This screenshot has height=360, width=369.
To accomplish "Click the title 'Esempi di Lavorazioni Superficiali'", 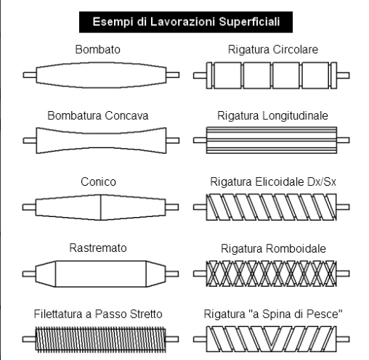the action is coord(186,22).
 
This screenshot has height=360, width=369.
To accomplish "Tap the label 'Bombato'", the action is coord(98,49).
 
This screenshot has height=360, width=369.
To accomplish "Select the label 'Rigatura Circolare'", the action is coord(273,49).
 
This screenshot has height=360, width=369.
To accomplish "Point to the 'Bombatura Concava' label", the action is coord(98,115).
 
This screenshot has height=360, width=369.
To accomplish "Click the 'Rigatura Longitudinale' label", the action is coord(272,115).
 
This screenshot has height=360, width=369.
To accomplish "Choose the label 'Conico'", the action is coord(98,181).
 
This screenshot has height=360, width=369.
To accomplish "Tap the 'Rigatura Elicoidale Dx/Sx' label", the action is coord(273,181).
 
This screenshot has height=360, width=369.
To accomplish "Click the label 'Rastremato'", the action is coord(98,247).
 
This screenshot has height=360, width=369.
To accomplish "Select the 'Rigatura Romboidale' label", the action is coord(273,248).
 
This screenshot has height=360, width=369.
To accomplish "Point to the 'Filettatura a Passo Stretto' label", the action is coord(98,314).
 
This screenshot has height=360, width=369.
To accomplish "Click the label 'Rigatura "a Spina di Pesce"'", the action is coord(273,314).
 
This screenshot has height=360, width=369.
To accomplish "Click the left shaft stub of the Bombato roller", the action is coord(30,75).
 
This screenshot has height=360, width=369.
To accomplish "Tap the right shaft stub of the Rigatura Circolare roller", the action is coord(343,75).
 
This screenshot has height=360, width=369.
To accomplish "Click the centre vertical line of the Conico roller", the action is coord(100,208).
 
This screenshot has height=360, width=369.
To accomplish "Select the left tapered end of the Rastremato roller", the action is coord(46,274).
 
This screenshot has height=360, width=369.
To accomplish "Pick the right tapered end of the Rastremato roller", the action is coord(156,274).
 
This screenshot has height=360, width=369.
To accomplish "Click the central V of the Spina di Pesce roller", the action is coord(272,337).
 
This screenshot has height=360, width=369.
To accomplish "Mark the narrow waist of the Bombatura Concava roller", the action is coord(101,141).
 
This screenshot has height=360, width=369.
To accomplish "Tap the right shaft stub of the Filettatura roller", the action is coord(172,339).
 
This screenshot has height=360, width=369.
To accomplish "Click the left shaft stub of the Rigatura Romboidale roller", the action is coord(200,274).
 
